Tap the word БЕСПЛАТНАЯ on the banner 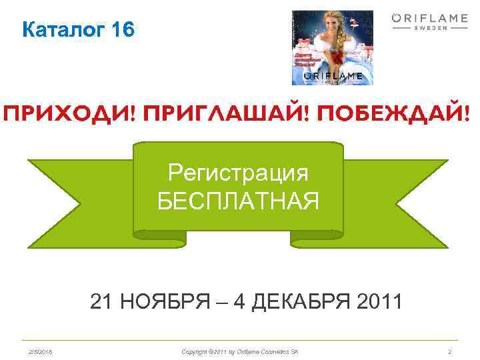[238, 199]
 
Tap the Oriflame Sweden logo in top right [429, 23]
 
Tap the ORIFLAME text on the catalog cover [333, 76]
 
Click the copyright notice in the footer [239, 351]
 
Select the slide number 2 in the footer [450, 351]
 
